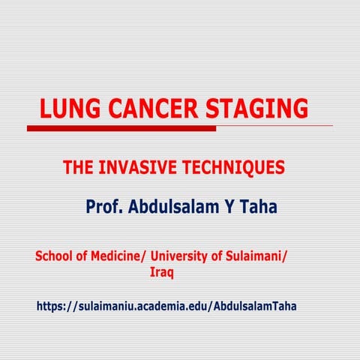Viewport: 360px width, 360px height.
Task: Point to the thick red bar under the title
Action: pyautogui.click(x=121, y=128)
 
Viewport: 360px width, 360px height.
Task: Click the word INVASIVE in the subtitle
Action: pyautogui.click(x=133, y=168)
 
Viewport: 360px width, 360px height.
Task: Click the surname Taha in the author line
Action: pyautogui.click(x=257, y=206)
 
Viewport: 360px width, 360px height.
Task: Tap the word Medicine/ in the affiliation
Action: pyautogui.click(x=112, y=256)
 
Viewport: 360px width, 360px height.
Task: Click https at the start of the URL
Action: pyautogui.click(x=51, y=307)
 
